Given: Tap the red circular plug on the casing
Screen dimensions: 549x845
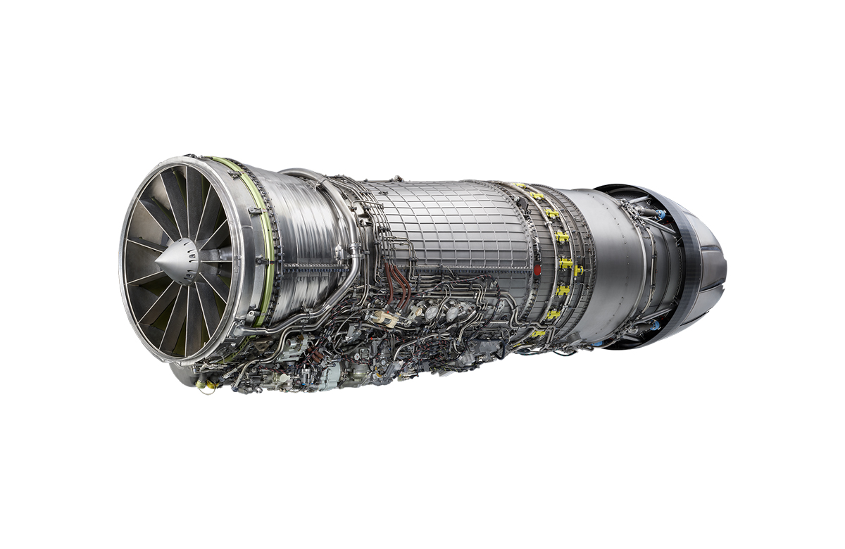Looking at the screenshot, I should coord(538,269).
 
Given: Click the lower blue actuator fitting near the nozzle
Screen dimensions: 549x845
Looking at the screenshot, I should coord(657,325).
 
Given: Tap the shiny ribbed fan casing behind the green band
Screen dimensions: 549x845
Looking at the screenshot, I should coord(296,232).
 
